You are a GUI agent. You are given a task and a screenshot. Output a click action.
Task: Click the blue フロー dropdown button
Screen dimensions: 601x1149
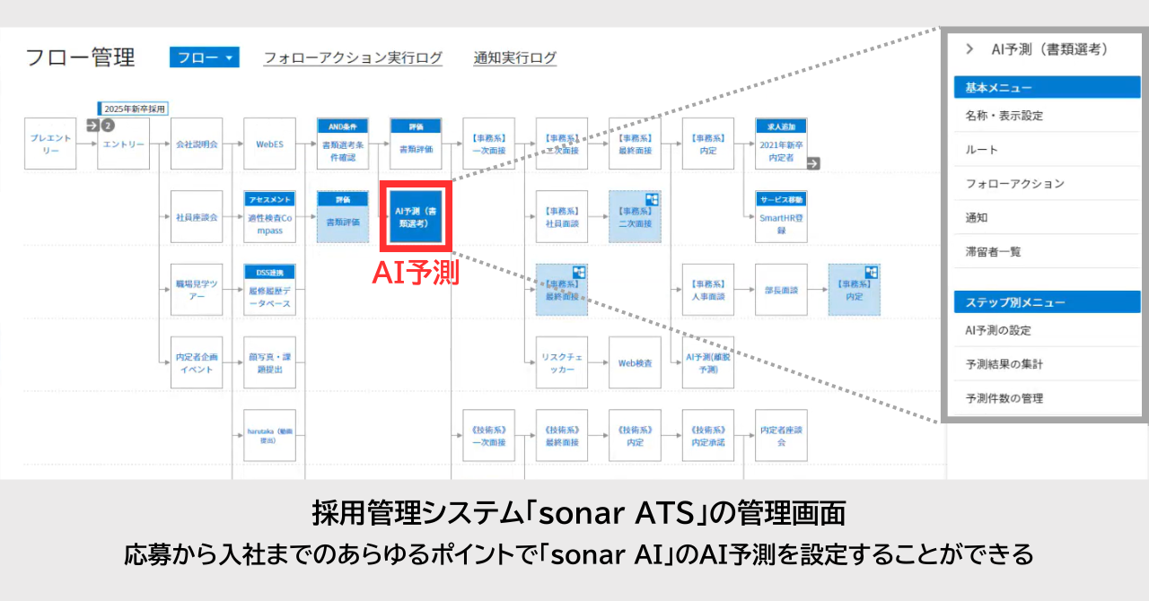click(204, 57)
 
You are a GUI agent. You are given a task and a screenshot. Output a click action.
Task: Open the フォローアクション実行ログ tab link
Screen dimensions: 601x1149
click(353, 58)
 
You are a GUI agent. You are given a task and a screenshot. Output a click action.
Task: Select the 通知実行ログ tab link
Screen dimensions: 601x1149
click(515, 58)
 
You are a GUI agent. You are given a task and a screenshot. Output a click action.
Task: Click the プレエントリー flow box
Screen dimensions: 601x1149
click(50, 144)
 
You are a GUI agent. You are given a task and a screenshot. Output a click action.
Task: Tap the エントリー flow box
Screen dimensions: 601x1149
click(124, 144)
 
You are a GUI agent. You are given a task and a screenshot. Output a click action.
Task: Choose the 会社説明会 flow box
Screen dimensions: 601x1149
click(197, 144)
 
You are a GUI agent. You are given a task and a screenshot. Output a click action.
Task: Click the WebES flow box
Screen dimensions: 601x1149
click(270, 144)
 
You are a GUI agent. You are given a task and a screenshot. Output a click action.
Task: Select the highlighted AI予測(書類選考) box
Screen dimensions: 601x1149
click(416, 216)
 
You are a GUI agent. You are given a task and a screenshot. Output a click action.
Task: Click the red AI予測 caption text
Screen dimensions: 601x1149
click(416, 273)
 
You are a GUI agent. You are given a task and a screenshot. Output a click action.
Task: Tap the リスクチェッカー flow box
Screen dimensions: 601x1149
click(562, 363)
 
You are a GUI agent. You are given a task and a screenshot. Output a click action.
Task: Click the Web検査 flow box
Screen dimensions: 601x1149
click(635, 363)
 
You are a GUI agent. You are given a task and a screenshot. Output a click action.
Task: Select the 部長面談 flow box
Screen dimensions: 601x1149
click(781, 291)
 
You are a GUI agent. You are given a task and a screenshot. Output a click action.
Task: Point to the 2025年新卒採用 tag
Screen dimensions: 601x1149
click(134, 109)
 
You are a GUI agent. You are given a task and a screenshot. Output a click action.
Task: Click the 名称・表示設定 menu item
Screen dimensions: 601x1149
click(1004, 116)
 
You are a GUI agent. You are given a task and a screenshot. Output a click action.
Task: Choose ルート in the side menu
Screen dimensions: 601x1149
click(981, 150)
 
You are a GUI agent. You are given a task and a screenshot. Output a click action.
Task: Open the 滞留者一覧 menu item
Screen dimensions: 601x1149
click(993, 252)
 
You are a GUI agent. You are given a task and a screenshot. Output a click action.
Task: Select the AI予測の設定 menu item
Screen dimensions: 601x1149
click(998, 330)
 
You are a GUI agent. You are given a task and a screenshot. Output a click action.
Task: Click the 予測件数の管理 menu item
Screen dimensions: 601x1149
click(1004, 398)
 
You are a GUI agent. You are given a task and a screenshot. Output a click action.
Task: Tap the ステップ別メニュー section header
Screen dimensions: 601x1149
click(1047, 302)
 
